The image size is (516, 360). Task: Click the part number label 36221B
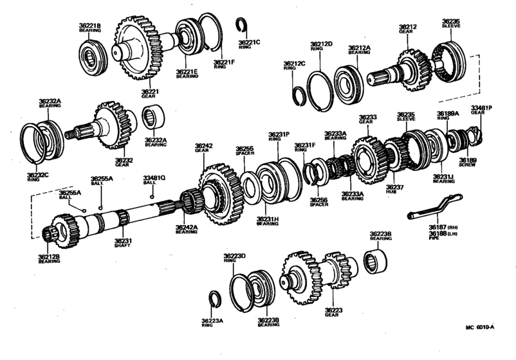pyautogui.click(x=91, y=26)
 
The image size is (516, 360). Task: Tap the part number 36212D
pyautogui.click(x=321, y=44)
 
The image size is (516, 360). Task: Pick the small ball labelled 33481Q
pyautogui.click(x=152, y=195)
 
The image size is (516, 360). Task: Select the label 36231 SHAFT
pyautogui.click(x=124, y=242)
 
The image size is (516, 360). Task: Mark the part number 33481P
pyautogui.click(x=481, y=108)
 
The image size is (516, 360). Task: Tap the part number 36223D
pyautogui.click(x=235, y=256)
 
